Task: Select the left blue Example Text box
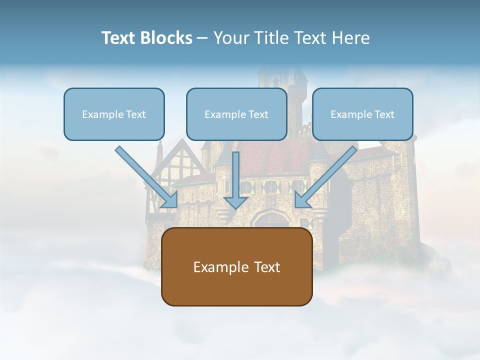(114, 114)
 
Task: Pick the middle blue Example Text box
(236, 114)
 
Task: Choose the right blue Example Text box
(362, 114)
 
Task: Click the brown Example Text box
(236, 267)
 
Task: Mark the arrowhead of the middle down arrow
(235, 202)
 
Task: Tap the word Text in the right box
(384, 114)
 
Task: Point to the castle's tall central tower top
(282, 75)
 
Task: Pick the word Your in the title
(230, 38)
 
